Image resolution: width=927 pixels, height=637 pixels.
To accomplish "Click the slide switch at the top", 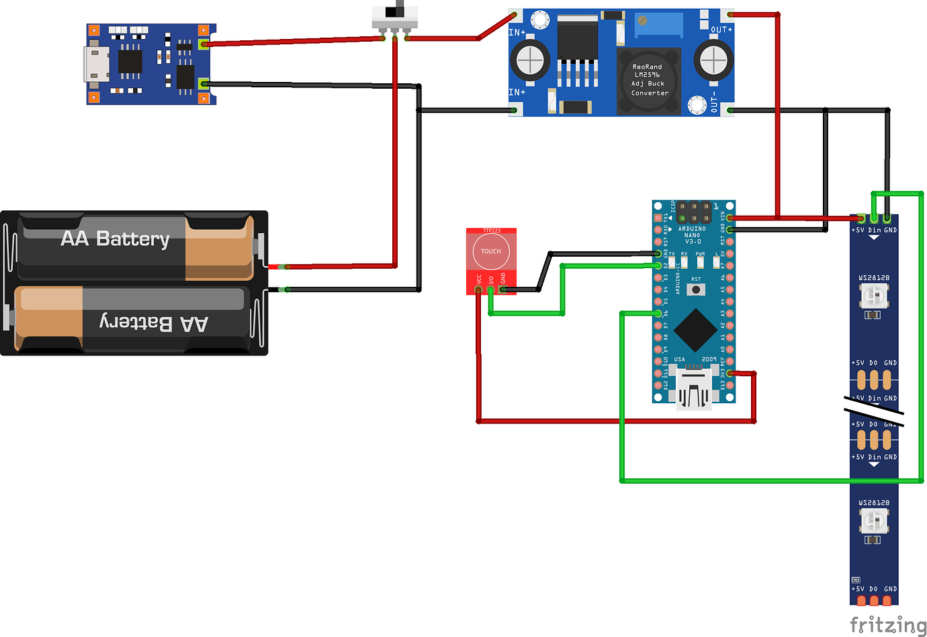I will (x=395, y=16).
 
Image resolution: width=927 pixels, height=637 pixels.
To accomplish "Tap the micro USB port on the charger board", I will (x=96, y=64).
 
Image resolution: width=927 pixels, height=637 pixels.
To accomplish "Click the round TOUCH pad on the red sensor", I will (x=491, y=252).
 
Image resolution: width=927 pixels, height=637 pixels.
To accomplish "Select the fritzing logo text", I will (x=887, y=625).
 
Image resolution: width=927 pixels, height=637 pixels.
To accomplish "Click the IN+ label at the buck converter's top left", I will (x=517, y=32).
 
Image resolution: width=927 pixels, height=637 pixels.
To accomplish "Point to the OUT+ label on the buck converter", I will (x=721, y=30).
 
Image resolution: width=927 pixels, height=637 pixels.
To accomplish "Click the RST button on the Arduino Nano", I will (x=695, y=290).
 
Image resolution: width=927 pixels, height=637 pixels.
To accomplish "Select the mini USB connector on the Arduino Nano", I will (x=694, y=388).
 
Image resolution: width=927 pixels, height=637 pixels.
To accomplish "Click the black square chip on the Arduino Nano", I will (x=695, y=330).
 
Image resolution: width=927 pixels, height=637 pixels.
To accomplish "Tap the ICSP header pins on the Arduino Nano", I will (x=694, y=212).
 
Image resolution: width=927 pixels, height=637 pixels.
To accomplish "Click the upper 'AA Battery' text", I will (x=115, y=239).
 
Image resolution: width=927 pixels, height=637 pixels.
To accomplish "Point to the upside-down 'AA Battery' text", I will (x=154, y=323).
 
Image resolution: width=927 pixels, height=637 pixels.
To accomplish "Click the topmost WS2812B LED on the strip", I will (x=873, y=295).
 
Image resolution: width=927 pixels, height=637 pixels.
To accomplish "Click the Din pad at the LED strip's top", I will (x=874, y=219).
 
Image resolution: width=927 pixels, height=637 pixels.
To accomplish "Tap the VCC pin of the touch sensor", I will (x=478, y=290).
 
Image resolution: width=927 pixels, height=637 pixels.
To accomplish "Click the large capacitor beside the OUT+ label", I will (x=713, y=60).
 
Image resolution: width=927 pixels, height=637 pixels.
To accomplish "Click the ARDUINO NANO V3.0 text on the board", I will (x=692, y=235).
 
